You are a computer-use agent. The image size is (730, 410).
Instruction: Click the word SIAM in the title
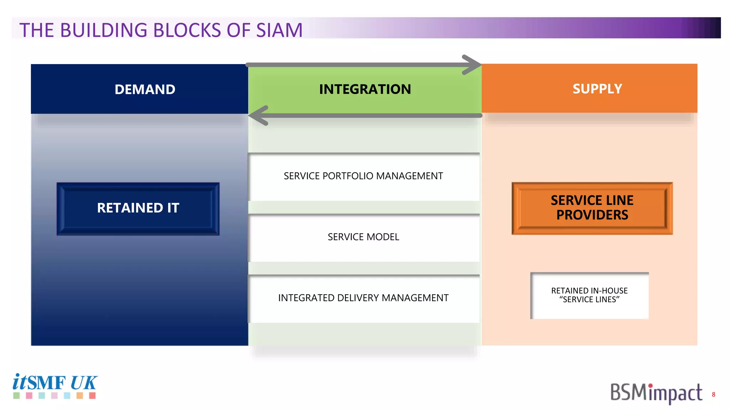tap(279, 30)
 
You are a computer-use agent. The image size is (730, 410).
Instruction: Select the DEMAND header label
tap(145, 89)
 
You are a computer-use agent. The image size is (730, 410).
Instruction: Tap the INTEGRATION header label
tap(365, 89)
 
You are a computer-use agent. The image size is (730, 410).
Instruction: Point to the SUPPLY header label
tap(597, 89)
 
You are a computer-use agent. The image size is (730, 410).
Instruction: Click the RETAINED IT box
tap(138, 208)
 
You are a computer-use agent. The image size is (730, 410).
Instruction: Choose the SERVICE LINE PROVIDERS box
tap(592, 208)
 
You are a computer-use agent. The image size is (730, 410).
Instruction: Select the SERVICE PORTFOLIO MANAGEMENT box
tap(364, 177)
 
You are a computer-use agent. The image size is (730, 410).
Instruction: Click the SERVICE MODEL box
tap(364, 237)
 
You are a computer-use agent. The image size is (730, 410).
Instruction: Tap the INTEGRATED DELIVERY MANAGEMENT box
tap(364, 298)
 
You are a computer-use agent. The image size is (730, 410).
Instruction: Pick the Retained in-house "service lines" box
tap(589, 295)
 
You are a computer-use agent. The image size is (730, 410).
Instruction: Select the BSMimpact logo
tap(656, 393)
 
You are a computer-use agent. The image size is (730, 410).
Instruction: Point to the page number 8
tap(713, 394)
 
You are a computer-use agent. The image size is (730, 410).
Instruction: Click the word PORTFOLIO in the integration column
tap(348, 176)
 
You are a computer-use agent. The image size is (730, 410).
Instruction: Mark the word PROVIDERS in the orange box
tap(592, 215)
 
